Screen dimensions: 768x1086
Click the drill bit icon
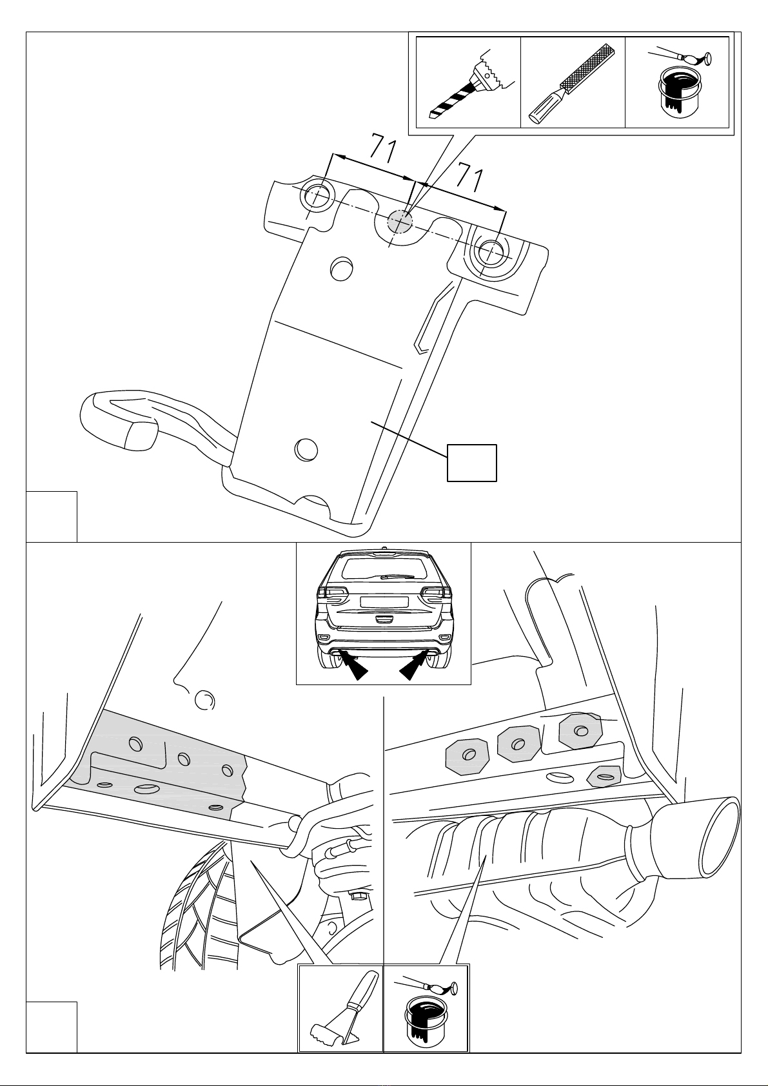point(466,85)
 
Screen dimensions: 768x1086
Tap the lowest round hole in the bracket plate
point(306,448)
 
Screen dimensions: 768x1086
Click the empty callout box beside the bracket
point(471,463)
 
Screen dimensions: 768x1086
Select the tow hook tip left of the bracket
point(141,435)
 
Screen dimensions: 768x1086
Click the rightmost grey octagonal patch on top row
point(580,730)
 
